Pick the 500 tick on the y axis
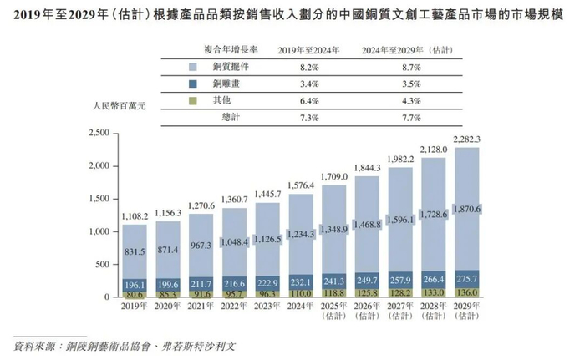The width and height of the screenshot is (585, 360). tap(102, 265)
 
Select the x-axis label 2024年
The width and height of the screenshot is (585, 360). tap(302, 307)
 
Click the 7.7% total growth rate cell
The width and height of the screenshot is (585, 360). tap(397, 118)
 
